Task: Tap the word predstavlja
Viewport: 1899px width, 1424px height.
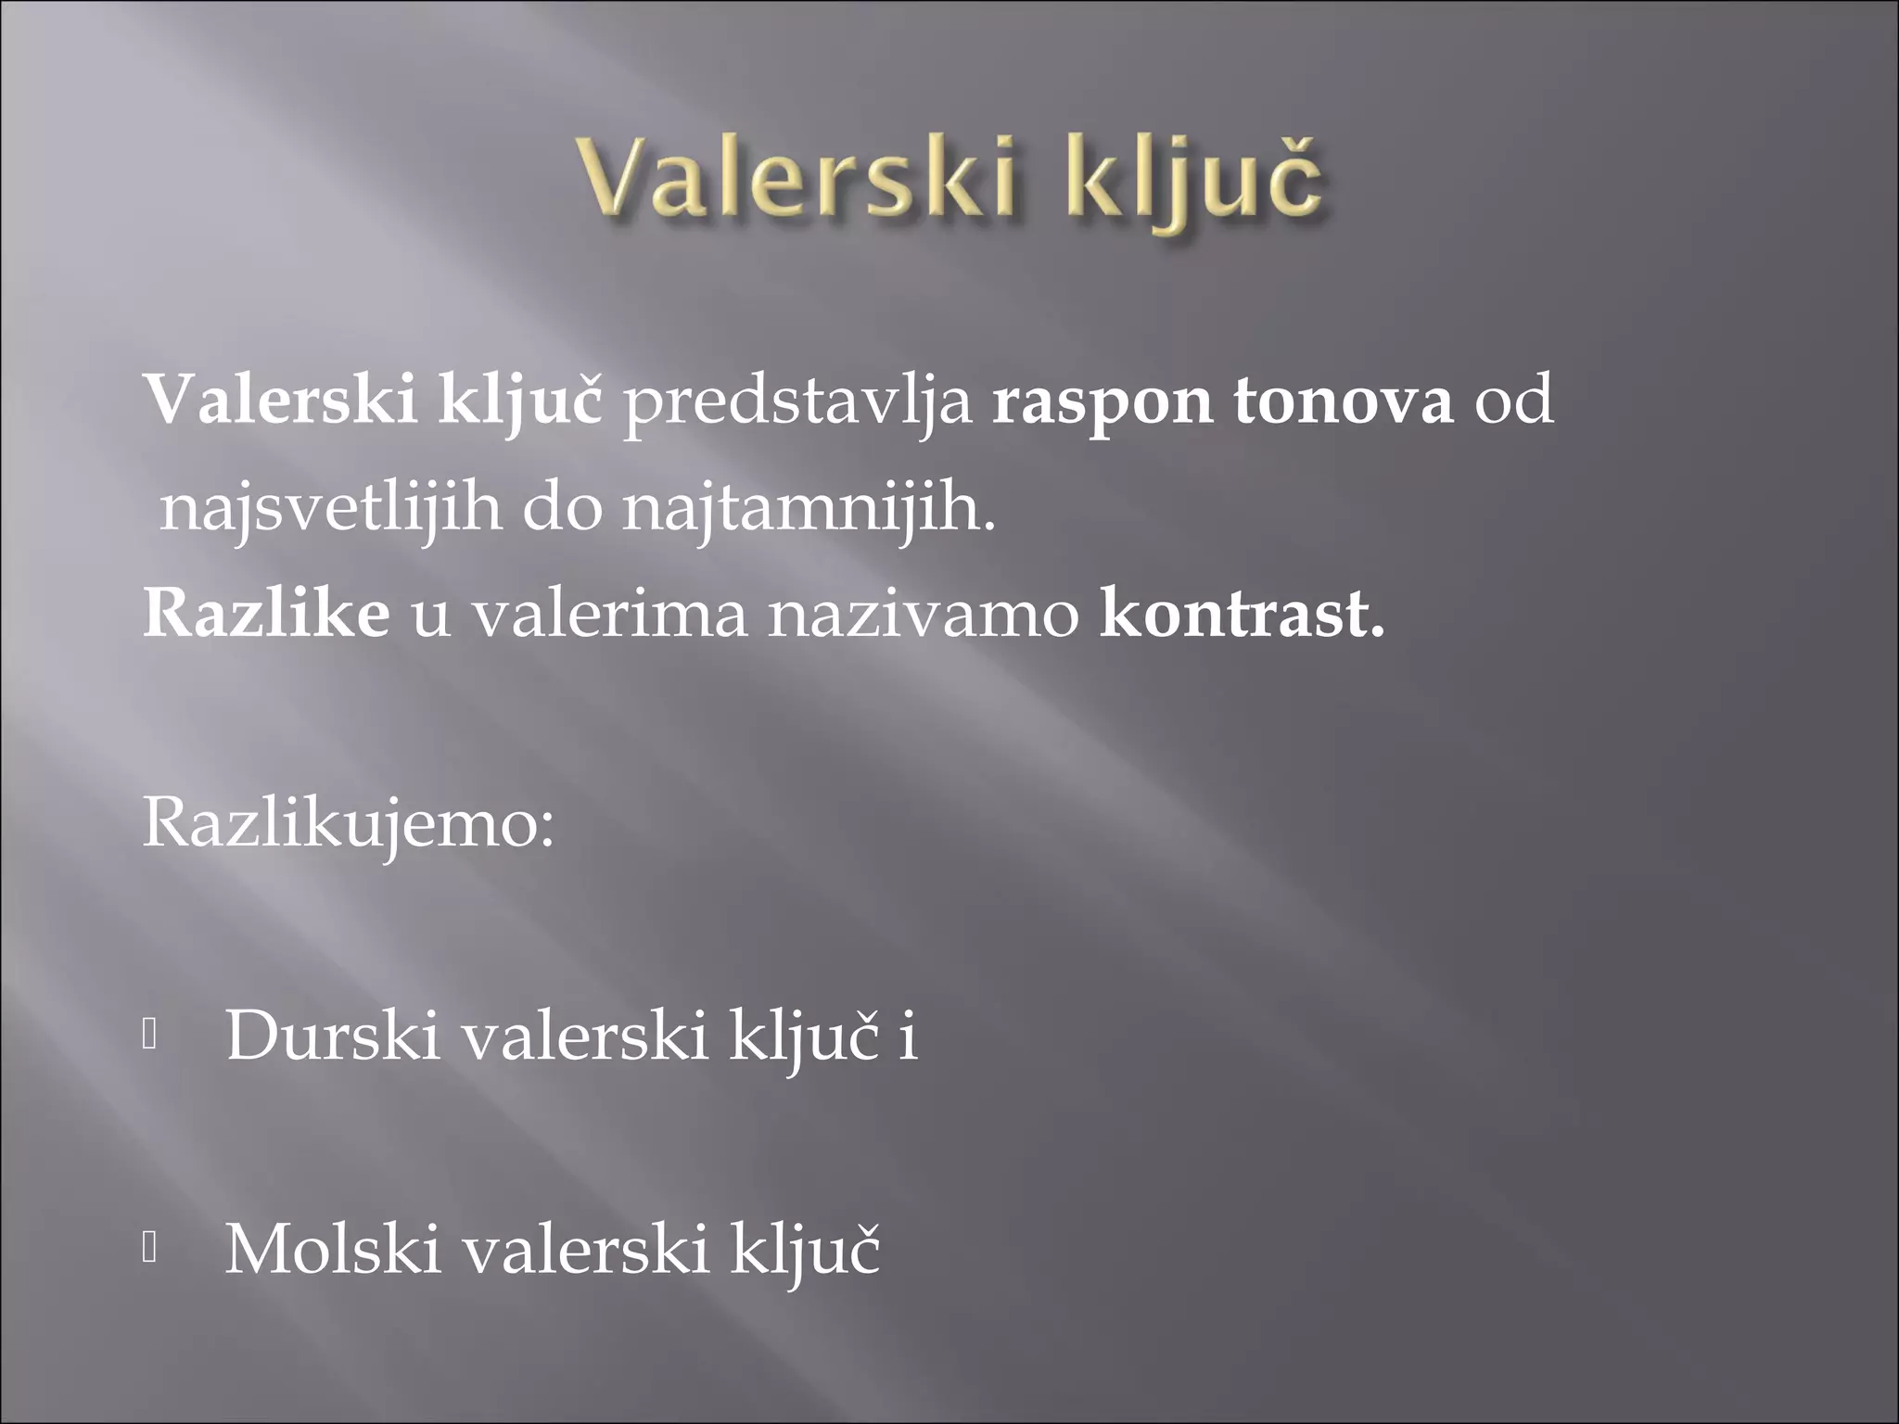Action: [x=797, y=404]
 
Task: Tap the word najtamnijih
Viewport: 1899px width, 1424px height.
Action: [x=808, y=510]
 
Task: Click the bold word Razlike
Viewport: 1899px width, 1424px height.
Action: [x=266, y=614]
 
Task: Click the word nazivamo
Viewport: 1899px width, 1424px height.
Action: [x=923, y=615]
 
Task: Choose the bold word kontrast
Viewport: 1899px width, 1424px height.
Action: [x=1241, y=615]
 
